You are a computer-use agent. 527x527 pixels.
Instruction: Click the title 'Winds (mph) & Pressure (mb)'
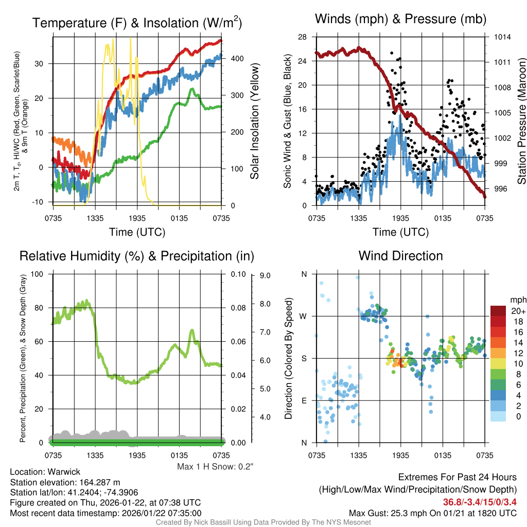point(400,20)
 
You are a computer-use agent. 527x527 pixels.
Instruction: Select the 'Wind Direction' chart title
point(400,256)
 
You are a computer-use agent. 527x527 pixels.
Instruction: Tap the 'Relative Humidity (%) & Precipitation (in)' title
point(137,256)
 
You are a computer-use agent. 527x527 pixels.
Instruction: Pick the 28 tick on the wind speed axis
point(303,37)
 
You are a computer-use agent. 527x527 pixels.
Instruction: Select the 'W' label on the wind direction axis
point(304,316)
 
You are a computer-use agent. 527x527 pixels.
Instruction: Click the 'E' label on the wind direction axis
point(304,400)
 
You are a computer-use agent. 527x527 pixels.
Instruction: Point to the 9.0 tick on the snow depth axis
point(266,275)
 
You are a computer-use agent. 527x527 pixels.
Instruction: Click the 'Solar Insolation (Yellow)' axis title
point(255,121)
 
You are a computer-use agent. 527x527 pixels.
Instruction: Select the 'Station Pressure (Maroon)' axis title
point(521,121)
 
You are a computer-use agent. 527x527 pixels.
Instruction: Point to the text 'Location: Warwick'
point(45,471)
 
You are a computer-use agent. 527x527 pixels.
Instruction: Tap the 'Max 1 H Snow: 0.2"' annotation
point(216,466)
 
